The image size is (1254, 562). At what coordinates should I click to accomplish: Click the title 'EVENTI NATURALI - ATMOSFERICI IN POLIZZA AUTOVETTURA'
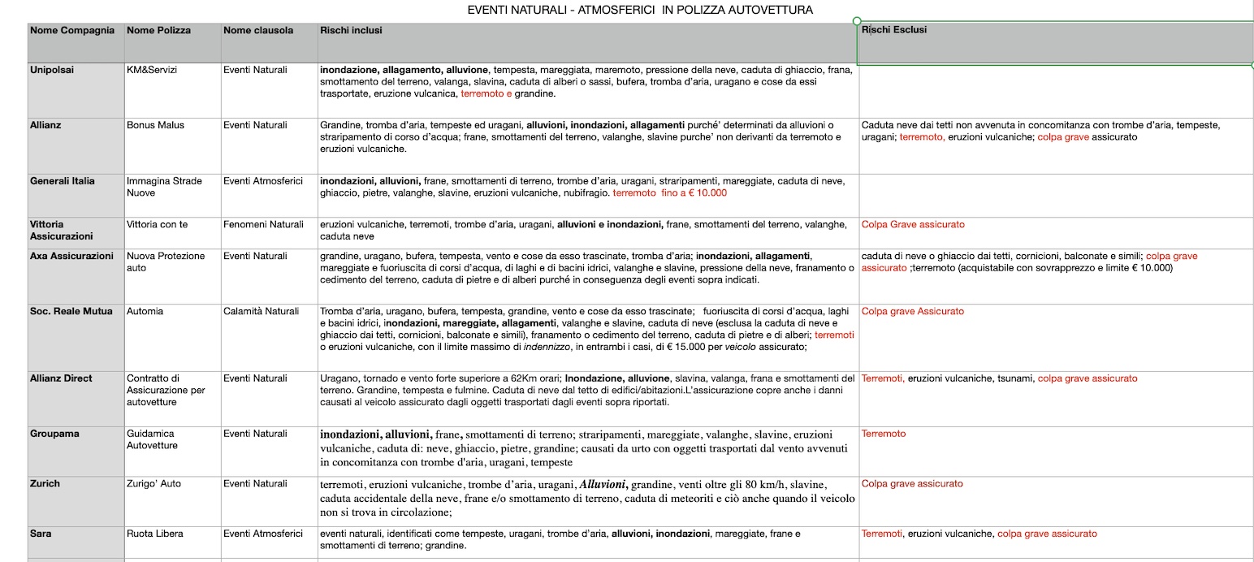tap(640, 10)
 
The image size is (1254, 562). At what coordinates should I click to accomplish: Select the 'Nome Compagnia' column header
tap(71, 30)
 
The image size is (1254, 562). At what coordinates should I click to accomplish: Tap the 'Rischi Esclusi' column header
tap(893, 30)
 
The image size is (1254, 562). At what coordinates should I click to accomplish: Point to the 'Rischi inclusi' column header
tap(351, 30)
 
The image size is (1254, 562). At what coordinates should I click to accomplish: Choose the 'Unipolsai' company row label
tap(52, 70)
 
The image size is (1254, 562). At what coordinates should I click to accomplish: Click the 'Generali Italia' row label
tap(63, 181)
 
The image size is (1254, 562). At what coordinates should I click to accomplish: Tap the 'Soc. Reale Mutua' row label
tap(71, 311)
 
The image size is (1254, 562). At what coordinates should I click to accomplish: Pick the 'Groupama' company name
tap(54, 434)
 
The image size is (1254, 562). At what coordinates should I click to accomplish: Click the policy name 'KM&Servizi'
tap(152, 70)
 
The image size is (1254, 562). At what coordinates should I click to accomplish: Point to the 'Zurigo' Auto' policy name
tap(154, 484)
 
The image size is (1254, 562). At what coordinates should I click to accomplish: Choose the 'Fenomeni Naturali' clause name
tap(263, 224)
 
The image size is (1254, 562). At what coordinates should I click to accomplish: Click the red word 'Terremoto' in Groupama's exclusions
tap(884, 434)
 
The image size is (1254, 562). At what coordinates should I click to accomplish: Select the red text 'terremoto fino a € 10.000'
tap(670, 193)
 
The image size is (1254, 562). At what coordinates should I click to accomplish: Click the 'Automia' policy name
tap(145, 311)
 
